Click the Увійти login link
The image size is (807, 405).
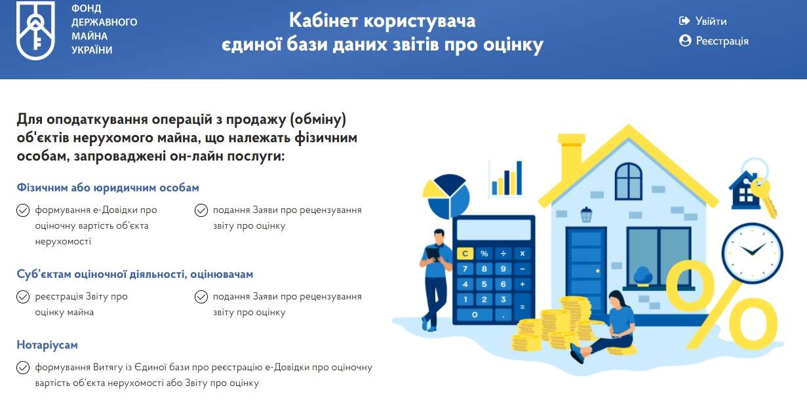(703, 21)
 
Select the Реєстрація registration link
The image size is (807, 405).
(714, 41)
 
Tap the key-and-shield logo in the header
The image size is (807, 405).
(35, 30)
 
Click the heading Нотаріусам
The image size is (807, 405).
(47, 345)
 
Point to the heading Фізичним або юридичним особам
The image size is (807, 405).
(108, 187)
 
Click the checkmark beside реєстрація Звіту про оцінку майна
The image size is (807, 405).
(23, 297)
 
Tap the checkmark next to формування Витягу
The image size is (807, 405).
(23, 368)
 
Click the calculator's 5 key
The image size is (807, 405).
(484, 284)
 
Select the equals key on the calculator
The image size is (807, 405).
(522, 307)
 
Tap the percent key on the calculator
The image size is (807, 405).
(484, 254)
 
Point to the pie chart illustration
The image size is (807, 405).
(446, 197)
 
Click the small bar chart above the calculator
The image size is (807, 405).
(507, 178)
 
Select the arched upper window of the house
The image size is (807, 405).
(629, 181)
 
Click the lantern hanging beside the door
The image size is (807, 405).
(587, 214)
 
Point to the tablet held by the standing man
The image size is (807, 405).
(433, 254)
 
